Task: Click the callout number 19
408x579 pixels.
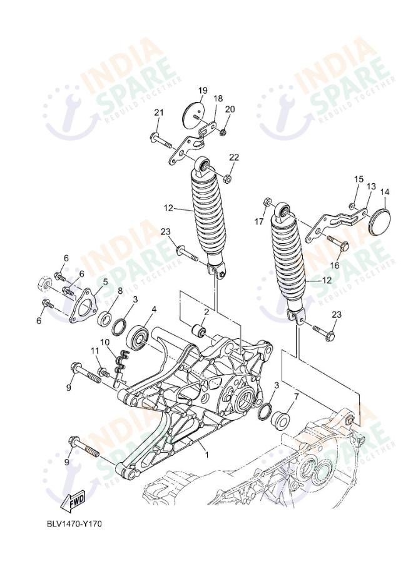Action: pyautogui.click(x=203, y=91)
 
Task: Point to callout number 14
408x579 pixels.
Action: pyautogui.click(x=385, y=192)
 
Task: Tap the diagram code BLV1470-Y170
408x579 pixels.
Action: pyautogui.click(x=74, y=523)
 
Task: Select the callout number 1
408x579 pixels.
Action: pyautogui.click(x=207, y=455)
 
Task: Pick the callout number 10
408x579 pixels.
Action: pyautogui.click(x=105, y=342)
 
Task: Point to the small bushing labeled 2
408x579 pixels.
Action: pyautogui.click(x=201, y=330)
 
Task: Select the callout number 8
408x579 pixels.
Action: pyautogui.click(x=120, y=290)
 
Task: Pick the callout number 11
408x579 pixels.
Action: pyautogui.click(x=94, y=353)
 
